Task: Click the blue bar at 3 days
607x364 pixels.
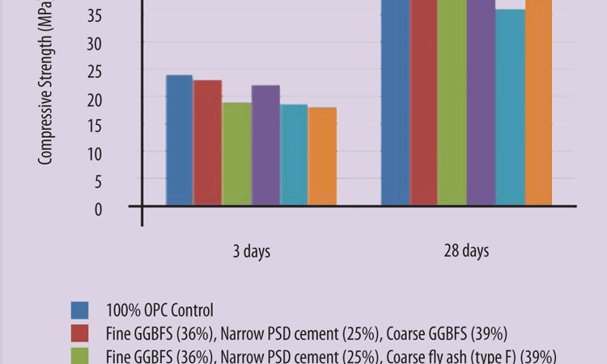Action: coord(179,140)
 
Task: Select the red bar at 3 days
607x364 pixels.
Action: coord(208,143)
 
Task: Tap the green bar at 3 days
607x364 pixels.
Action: coord(236,154)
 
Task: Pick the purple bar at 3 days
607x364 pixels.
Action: coord(265,145)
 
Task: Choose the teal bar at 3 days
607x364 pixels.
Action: coord(294,155)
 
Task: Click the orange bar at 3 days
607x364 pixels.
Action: coord(322,156)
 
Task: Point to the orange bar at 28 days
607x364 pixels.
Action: coord(538,102)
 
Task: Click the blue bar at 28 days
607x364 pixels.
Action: coord(395,102)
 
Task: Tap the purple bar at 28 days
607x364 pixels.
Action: coord(481,102)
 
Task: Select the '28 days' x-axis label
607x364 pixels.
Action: coord(466,251)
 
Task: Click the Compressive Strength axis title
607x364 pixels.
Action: coord(45,89)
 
